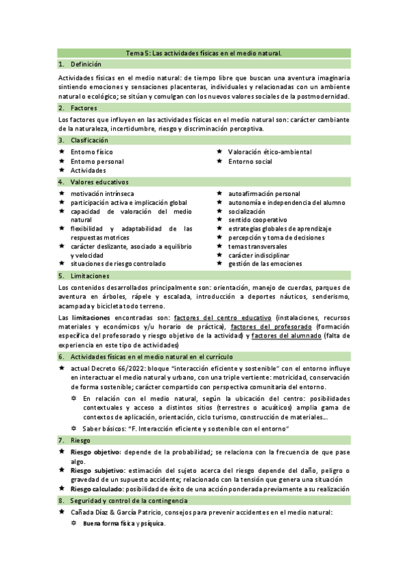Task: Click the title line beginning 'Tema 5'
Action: click(x=204, y=52)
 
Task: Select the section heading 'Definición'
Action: click(x=85, y=63)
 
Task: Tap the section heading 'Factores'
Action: click(x=83, y=108)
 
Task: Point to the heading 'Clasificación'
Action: click(x=89, y=139)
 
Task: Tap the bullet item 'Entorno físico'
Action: click(x=92, y=152)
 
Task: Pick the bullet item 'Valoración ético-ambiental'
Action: click(x=270, y=152)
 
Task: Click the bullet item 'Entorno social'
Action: click(x=250, y=161)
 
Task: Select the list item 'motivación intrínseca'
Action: click(x=102, y=194)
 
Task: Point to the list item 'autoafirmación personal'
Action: click(x=264, y=194)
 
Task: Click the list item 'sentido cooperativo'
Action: click(x=257, y=220)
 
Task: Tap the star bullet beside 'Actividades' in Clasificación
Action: click(x=62, y=171)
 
